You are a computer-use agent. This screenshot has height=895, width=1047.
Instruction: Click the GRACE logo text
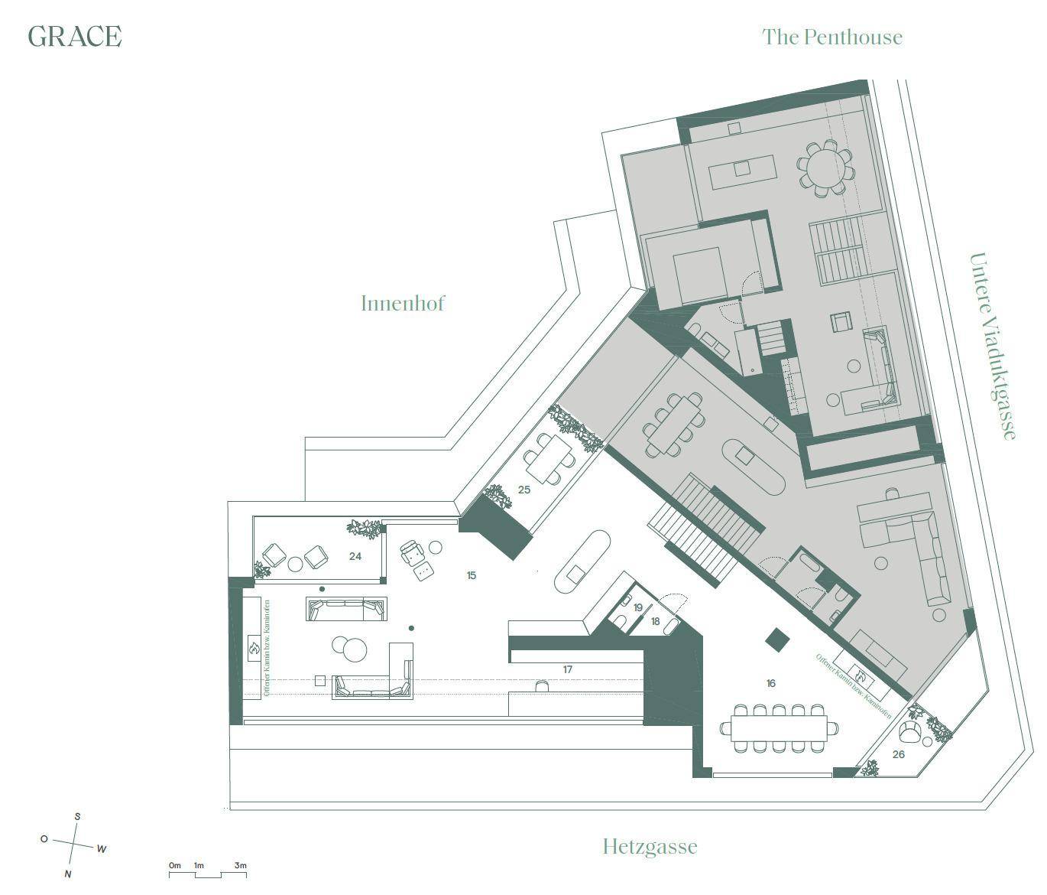pos(74,36)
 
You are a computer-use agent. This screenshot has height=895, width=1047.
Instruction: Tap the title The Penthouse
pos(831,37)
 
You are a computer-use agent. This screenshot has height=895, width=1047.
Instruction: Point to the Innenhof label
pos(402,303)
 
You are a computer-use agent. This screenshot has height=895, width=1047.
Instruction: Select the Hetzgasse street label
pos(650,847)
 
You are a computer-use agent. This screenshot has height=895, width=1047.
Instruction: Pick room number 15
pos(471,575)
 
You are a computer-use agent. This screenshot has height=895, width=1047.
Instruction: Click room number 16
pos(770,683)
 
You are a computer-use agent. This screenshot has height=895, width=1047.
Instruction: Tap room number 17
pos(567,669)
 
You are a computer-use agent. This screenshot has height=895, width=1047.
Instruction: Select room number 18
pos(655,622)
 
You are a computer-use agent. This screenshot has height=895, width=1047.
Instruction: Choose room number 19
pos(638,607)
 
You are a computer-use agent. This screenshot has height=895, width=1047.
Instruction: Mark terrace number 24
pos(355,556)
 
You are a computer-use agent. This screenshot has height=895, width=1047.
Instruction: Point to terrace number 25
pos(523,490)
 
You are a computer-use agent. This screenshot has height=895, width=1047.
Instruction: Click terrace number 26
pos(898,754)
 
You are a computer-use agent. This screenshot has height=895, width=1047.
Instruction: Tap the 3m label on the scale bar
pos(240,865)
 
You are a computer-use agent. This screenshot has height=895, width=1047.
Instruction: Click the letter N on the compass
pos(68,874)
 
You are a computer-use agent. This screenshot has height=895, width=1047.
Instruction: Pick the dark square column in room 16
pos(778,639)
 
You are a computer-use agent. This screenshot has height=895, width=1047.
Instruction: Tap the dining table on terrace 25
pos(547,457)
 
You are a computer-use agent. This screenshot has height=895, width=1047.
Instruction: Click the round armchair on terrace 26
pos(910,733)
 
